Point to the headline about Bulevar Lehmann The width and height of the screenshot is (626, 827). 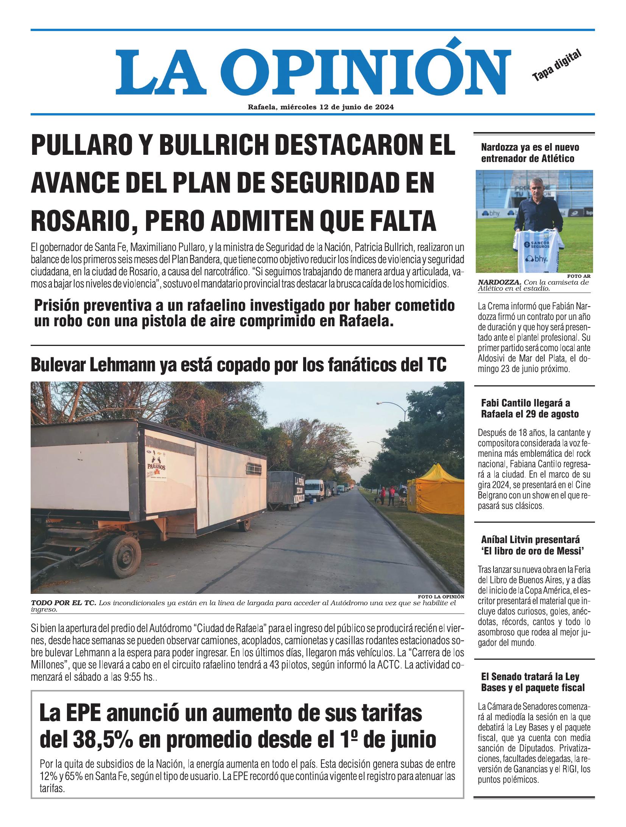[238, 364]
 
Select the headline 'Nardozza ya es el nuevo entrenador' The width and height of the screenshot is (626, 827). [530, 153]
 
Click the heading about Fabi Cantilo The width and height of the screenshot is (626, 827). [530, 408]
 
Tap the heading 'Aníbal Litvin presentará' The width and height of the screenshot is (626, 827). [531, 545]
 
